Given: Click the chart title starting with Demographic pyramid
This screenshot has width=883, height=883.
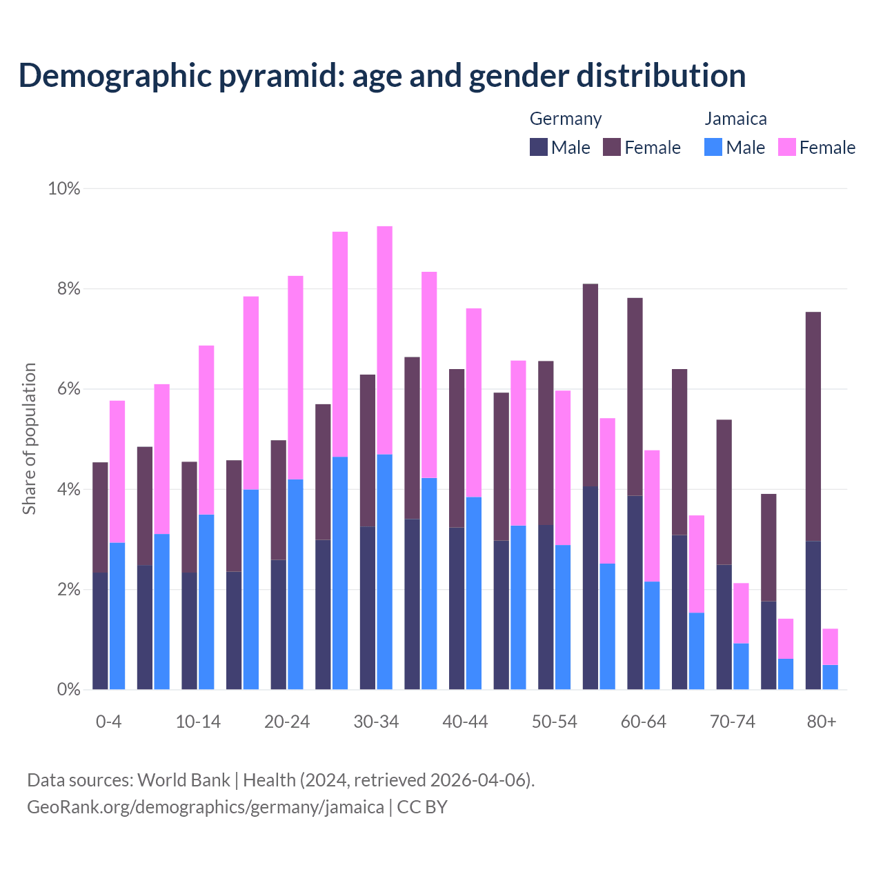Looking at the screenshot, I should [382, 76].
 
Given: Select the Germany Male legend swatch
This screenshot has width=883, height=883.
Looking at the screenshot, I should [539, 147].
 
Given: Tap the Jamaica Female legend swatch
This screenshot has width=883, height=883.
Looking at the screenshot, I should [786, 147].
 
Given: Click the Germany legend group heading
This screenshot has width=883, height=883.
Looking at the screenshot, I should [565, 119].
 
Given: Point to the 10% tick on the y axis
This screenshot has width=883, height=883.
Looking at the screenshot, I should [63, 188].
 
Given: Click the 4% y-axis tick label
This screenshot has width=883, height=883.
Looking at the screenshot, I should [68, 490].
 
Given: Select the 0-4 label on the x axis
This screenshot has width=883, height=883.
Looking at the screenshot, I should [109, 722].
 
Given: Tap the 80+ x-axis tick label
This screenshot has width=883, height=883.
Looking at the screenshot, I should [822, 722].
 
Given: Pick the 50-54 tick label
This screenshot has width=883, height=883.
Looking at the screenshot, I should [555, 722].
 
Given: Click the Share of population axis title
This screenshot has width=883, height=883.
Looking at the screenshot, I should [29, 439].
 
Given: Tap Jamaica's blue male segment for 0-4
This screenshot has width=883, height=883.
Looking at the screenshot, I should [117, 616].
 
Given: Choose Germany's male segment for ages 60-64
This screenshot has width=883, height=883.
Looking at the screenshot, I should [635, 593].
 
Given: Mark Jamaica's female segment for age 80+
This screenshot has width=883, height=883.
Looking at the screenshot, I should [831, 647].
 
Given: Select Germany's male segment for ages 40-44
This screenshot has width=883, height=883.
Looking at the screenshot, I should [457, 608].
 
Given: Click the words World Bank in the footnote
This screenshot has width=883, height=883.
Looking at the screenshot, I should [183, 780].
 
